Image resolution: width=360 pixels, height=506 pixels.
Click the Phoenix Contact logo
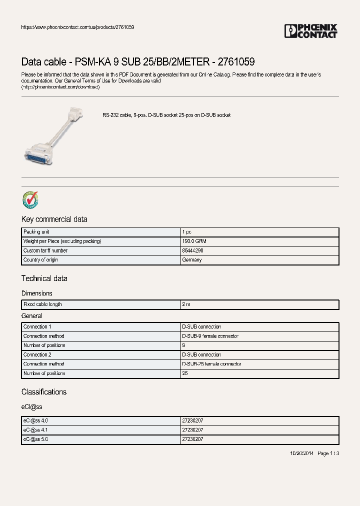point(311,31)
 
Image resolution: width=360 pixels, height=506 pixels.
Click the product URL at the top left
point(77,27)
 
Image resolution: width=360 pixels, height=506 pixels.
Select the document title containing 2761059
point(138,62)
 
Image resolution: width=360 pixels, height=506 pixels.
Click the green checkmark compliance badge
point(30,200)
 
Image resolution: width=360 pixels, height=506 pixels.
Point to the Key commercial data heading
point(54,219)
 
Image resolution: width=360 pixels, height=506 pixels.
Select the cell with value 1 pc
point(186,232)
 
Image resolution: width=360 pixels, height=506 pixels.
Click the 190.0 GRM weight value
point(194,241)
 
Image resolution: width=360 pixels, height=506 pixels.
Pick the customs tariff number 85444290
point(192,250)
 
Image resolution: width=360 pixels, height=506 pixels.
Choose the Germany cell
point(191,260)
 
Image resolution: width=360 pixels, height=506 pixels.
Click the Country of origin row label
point(42,260)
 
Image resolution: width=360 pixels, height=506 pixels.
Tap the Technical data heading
point(44,278)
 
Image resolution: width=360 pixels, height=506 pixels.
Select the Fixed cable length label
point(42,304)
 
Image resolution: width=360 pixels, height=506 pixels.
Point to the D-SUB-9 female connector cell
point(210,336)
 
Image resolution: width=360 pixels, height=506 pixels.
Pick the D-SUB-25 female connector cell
point(211,364)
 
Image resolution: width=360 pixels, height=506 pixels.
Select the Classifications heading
point(43,392)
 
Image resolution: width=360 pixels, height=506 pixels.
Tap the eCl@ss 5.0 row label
point(35,439)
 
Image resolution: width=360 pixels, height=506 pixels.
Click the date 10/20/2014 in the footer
point(301,453)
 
